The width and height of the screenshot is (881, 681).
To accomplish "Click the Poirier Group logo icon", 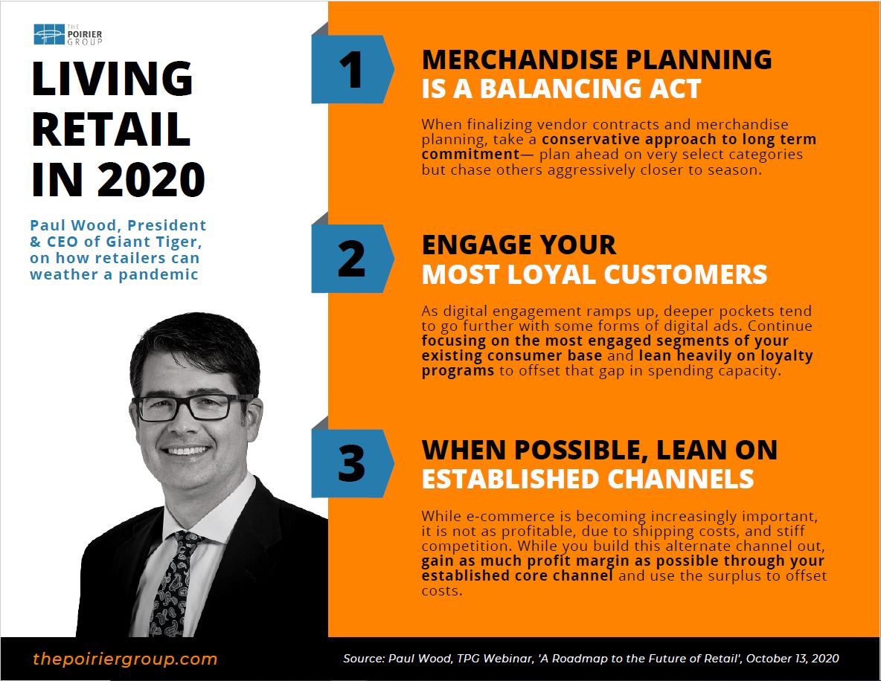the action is tap(49, 34).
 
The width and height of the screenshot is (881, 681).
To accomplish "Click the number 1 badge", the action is tap(352, 69).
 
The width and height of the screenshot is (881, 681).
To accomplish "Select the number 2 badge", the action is tap(352, 258).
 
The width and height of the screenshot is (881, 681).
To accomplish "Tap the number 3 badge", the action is tap(352, 463).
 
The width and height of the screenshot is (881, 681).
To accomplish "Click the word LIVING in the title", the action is tap(112, 79).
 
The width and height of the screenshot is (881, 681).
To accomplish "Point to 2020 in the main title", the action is tap(151, 180).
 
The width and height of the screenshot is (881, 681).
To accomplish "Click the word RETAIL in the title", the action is tap(112, 129).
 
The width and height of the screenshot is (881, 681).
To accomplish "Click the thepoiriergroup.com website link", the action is tap(125, 659).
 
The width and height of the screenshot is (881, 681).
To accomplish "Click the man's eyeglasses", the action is tap(193, 407).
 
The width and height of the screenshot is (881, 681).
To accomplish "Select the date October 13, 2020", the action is tap(792, 659).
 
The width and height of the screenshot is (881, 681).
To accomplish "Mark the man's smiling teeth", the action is tap(187, 451).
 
